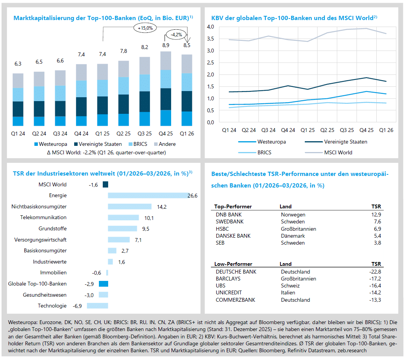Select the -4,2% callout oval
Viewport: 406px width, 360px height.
tap(177, 35)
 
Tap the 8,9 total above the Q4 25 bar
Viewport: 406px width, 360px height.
tap(166, 46)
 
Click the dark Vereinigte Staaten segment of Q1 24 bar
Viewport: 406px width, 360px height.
tap(18, 109)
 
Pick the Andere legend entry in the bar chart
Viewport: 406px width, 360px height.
tap(165, 144)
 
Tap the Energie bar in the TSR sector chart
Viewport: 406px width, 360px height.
tap(148, 196)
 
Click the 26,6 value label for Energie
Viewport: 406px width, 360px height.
tap(192, 196)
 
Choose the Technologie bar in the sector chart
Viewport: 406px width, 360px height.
tap(97, 306)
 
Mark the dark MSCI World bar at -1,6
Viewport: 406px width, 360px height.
tap(105, 185)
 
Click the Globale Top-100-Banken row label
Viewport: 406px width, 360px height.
tap(37, 284)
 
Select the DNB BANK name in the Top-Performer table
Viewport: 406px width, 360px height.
tap(229, 215)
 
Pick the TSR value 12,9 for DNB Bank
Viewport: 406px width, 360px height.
tap(375, 215)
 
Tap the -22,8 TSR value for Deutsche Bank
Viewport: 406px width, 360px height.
tap(375, 272)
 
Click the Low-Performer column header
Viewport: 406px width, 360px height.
tap(233, 264)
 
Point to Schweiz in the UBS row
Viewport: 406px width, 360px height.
tap(290, 286)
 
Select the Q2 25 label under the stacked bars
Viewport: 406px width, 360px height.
tap(124, 134)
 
